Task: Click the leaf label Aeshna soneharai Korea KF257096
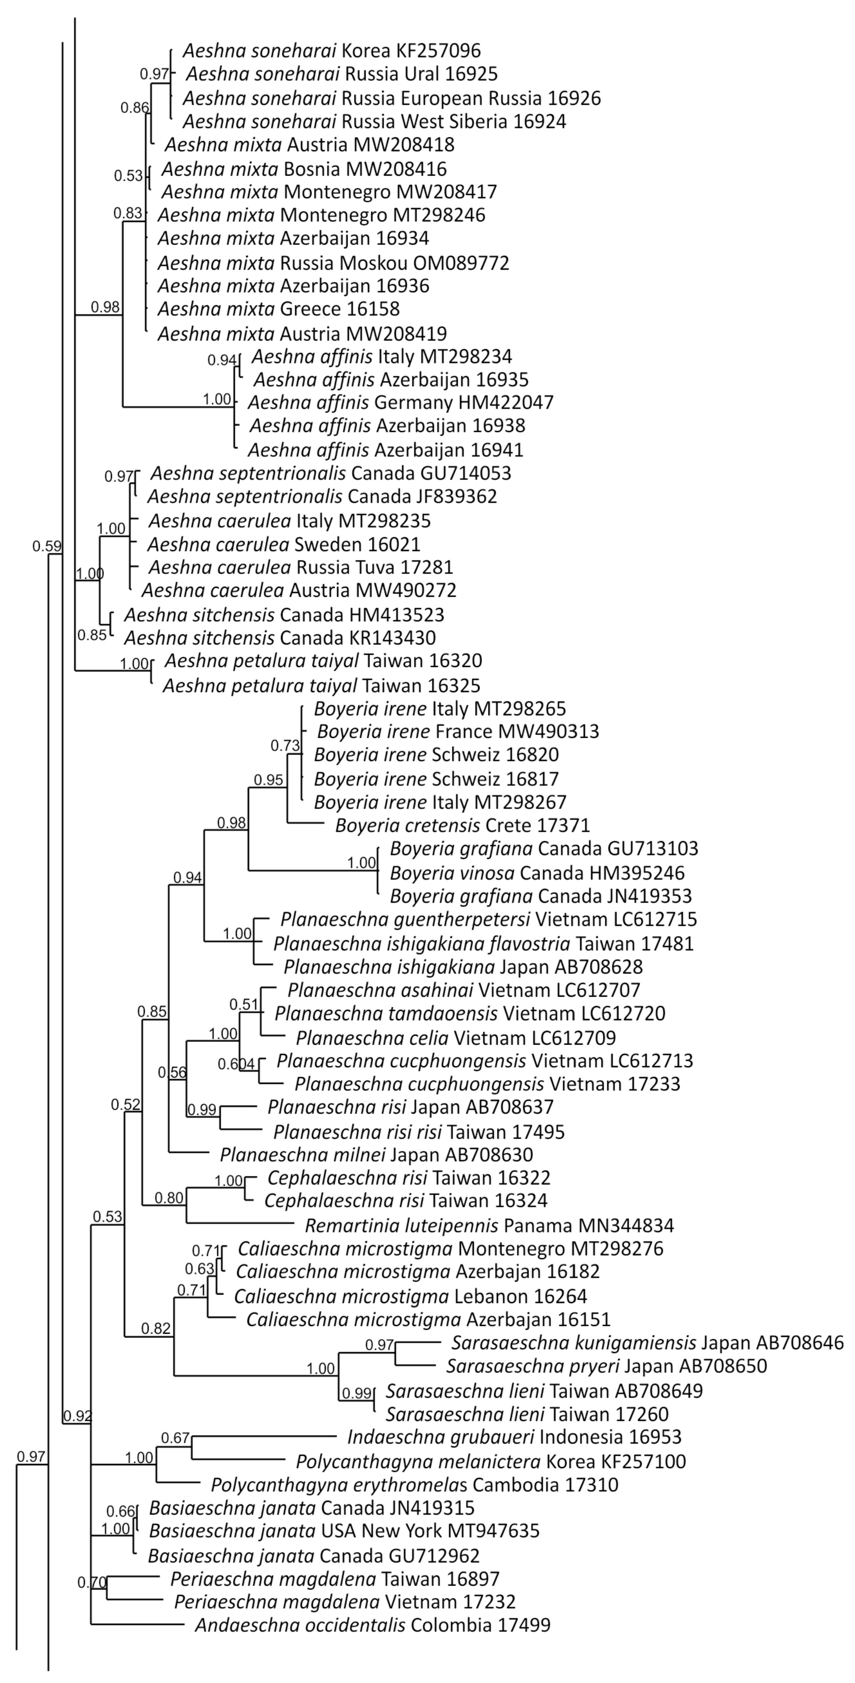[x=332, y=50]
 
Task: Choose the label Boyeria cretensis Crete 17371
[x=462, y=825]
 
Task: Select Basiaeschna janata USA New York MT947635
[x=344, y=1531]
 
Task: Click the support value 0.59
[x=46, y=546]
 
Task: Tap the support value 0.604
[x=236, y=1064]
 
